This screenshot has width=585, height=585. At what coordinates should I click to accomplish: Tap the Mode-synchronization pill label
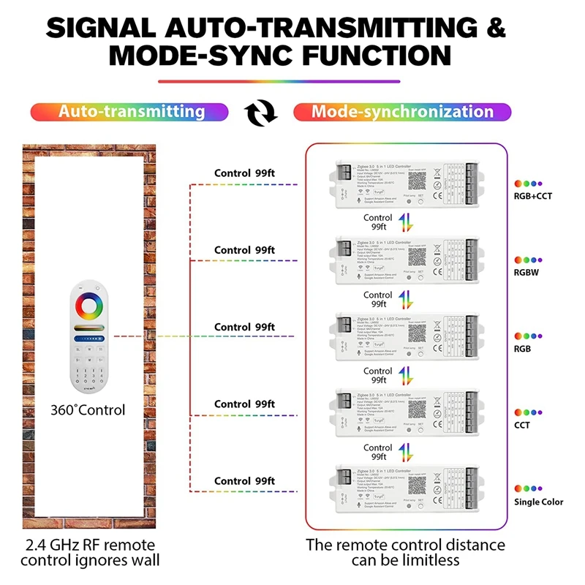point(402,112)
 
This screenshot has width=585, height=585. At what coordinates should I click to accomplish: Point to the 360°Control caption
point(88,409)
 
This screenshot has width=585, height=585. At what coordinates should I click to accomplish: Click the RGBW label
point(527,272)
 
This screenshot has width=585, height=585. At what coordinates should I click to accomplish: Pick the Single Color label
point(537,502)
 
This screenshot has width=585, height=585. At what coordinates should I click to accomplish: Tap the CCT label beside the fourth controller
point(521,425)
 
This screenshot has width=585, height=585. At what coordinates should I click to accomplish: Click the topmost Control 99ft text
point(244,173)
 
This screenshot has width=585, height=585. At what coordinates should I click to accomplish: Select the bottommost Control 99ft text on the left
point(244,480)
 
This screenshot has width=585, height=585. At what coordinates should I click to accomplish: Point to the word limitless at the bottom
point(428,561)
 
